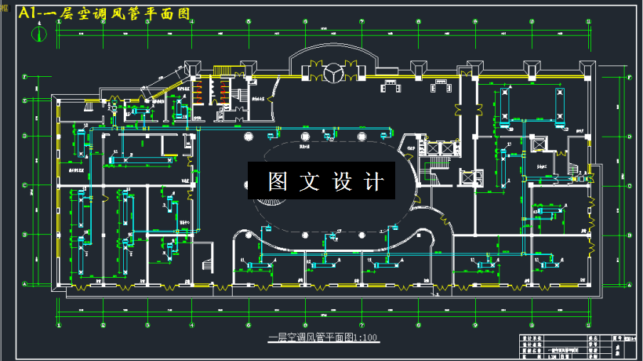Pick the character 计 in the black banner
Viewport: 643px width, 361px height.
374,182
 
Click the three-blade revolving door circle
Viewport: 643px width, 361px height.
332,73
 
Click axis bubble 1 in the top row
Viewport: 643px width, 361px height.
60,22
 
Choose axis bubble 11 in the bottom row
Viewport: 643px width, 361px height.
474,324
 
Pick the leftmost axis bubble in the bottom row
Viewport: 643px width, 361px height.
60,324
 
